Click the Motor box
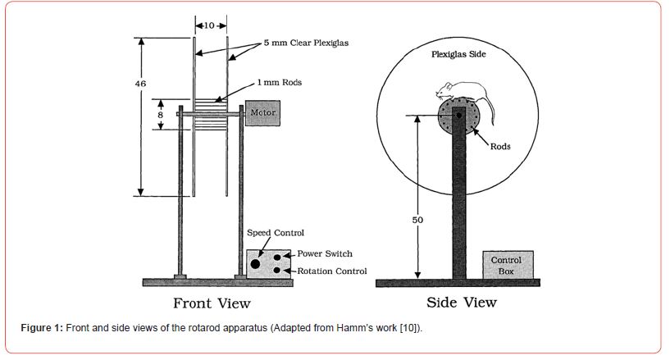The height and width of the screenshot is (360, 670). [x=262, y=112]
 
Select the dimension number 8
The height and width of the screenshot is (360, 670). [x=161, y=116]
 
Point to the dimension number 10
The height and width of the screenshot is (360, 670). [x=208, y=25]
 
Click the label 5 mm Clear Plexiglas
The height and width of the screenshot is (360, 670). [x=305, y=43]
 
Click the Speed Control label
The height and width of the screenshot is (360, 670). [x=276, y=234]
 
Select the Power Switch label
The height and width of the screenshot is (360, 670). [x=325, y=253]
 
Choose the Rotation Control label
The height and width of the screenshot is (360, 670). [x=331, y=271]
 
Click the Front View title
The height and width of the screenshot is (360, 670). [x=211, y=303]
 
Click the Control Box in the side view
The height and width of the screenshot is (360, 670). [x=507, y=266]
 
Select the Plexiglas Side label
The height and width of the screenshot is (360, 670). [x=458, y=55]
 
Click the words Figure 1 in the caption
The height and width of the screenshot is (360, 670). [x=41, y=328]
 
